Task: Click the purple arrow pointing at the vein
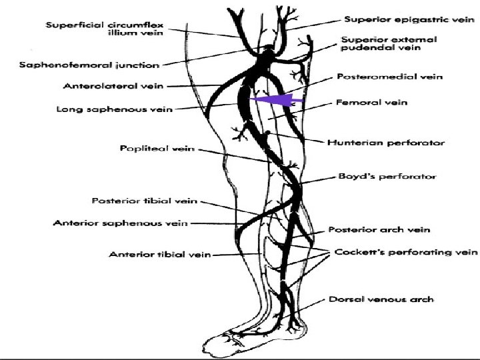coord(277,100)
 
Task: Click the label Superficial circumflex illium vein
coord(104,29)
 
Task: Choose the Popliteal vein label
coord(157,149)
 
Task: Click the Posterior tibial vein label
coord(144,201)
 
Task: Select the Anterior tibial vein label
coord(159,254)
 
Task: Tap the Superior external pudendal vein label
coord(389,44)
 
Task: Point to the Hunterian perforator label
coord(385,142)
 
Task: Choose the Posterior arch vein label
coord(379,229)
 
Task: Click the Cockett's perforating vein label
coord(405,252)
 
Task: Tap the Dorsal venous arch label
coord(381,299)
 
